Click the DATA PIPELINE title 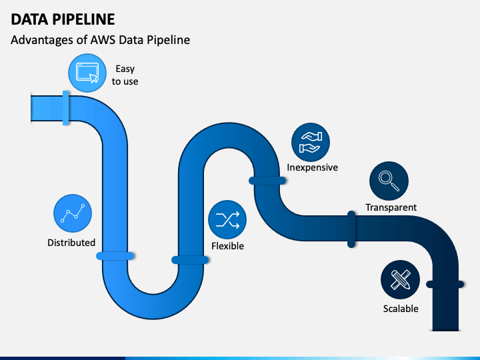tap(63, 19)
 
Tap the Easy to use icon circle tap(87, 73)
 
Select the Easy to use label tap(125, 75)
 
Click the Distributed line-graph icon tap(73, 213)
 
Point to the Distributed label tap(71, 243)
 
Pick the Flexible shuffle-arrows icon tap(227, 219)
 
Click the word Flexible tap(228, 246)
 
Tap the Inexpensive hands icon tap(311, 143)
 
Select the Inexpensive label tap(312, 167)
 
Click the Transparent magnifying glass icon tap(389, 181)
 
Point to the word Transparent tap(391, 207)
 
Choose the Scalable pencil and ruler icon tap(400, 279)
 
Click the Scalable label tap(401, 308)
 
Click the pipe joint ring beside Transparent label tap(351, 229)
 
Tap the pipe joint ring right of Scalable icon tap(445, 285)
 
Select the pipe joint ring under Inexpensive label tap(267, 181)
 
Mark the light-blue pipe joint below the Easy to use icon tap(65, 108)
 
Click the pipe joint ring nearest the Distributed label tap(115, 256)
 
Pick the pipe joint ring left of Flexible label tap(190, 260)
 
